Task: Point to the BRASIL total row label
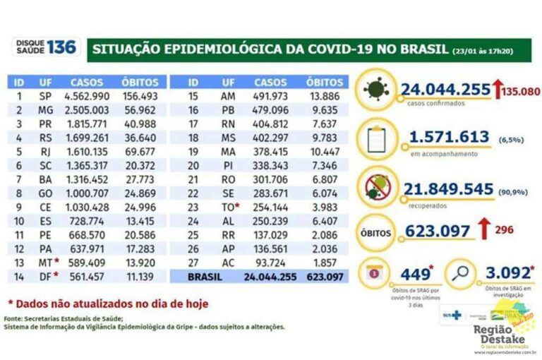tap(204, 277)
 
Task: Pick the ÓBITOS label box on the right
tap(378, 231)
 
